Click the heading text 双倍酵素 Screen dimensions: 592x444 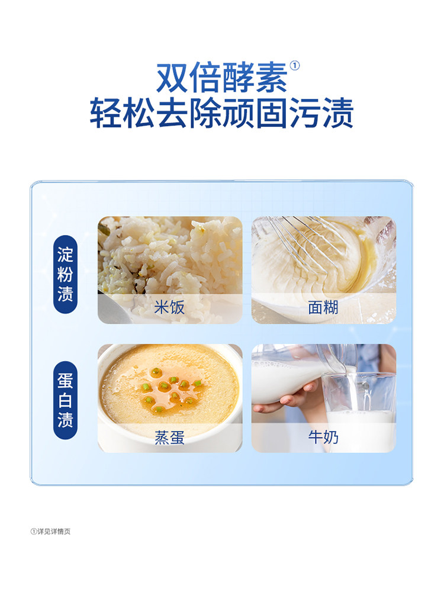(x=222, y=77)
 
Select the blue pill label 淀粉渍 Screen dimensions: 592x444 (x=65, y=275)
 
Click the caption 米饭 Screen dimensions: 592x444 (x=169, y=308)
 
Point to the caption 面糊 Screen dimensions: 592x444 (x=323, y=308)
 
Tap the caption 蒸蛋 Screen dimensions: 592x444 (x=169, y=437)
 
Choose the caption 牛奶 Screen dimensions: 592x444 (x=323, y=437)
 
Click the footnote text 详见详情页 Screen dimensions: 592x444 (x=53, y=531)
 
